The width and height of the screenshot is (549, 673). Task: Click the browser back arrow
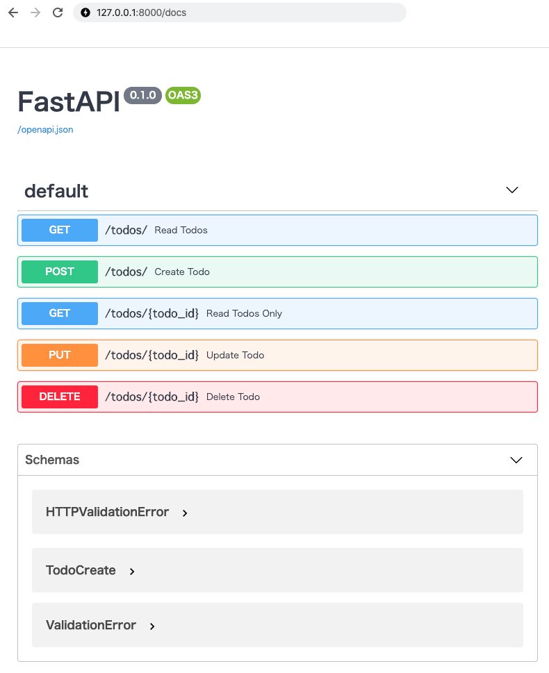(x=13, y=13)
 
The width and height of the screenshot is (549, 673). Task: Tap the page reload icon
(x=58, y=13)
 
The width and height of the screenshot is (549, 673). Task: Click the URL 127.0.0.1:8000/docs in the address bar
(x=141, y=13)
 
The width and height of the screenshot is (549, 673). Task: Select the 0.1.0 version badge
(x=142, y=95)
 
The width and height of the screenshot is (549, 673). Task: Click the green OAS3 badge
(x=183, y=95)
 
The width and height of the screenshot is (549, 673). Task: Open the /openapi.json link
(x=45, y=130)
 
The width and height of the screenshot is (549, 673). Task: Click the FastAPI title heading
(x=69, y=101)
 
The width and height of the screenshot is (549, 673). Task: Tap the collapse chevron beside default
(x=512, y=190)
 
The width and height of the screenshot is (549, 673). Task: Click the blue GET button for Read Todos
(x=60, y=230)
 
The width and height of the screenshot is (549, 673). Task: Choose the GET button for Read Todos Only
(x=60, y=313)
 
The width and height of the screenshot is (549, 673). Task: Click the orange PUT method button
(x=60, y=355)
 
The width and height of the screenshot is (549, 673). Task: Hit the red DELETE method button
(x=60, y=397)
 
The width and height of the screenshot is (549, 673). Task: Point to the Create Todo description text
(x=182, y=272)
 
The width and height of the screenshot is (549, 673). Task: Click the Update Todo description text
(x=235, y=355)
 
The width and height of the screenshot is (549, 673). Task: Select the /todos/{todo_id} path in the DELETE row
(x=152, y=397)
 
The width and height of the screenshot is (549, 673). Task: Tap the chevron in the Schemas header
(x=516, y=460)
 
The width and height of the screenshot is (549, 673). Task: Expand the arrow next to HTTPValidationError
(x=185, y=513)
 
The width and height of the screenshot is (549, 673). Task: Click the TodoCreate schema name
(x=81, y=570)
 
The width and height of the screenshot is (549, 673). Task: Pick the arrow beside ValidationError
(x=152, y=626)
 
